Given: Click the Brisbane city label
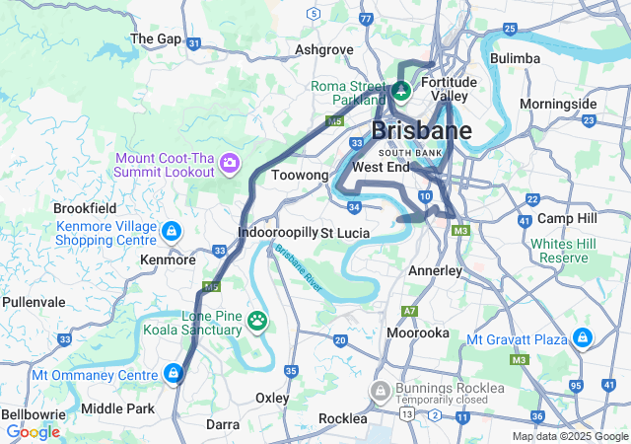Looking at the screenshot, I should [421, 131].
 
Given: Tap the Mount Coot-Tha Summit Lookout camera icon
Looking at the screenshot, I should [230, 162].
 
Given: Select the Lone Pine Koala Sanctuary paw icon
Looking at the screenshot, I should [258, 320].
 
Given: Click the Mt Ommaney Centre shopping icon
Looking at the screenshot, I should [174, 374].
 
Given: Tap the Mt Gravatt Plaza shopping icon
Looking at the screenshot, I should [584, 339].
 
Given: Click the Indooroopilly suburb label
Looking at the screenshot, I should [278, 233].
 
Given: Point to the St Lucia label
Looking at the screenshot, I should [345, 233].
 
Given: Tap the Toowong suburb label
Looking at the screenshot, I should [299, 175].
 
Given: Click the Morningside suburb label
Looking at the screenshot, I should [558, 104].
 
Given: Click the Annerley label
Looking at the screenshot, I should [435, 270].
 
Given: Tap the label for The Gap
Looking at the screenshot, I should [156, 38].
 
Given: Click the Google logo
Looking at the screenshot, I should [33, 431].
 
